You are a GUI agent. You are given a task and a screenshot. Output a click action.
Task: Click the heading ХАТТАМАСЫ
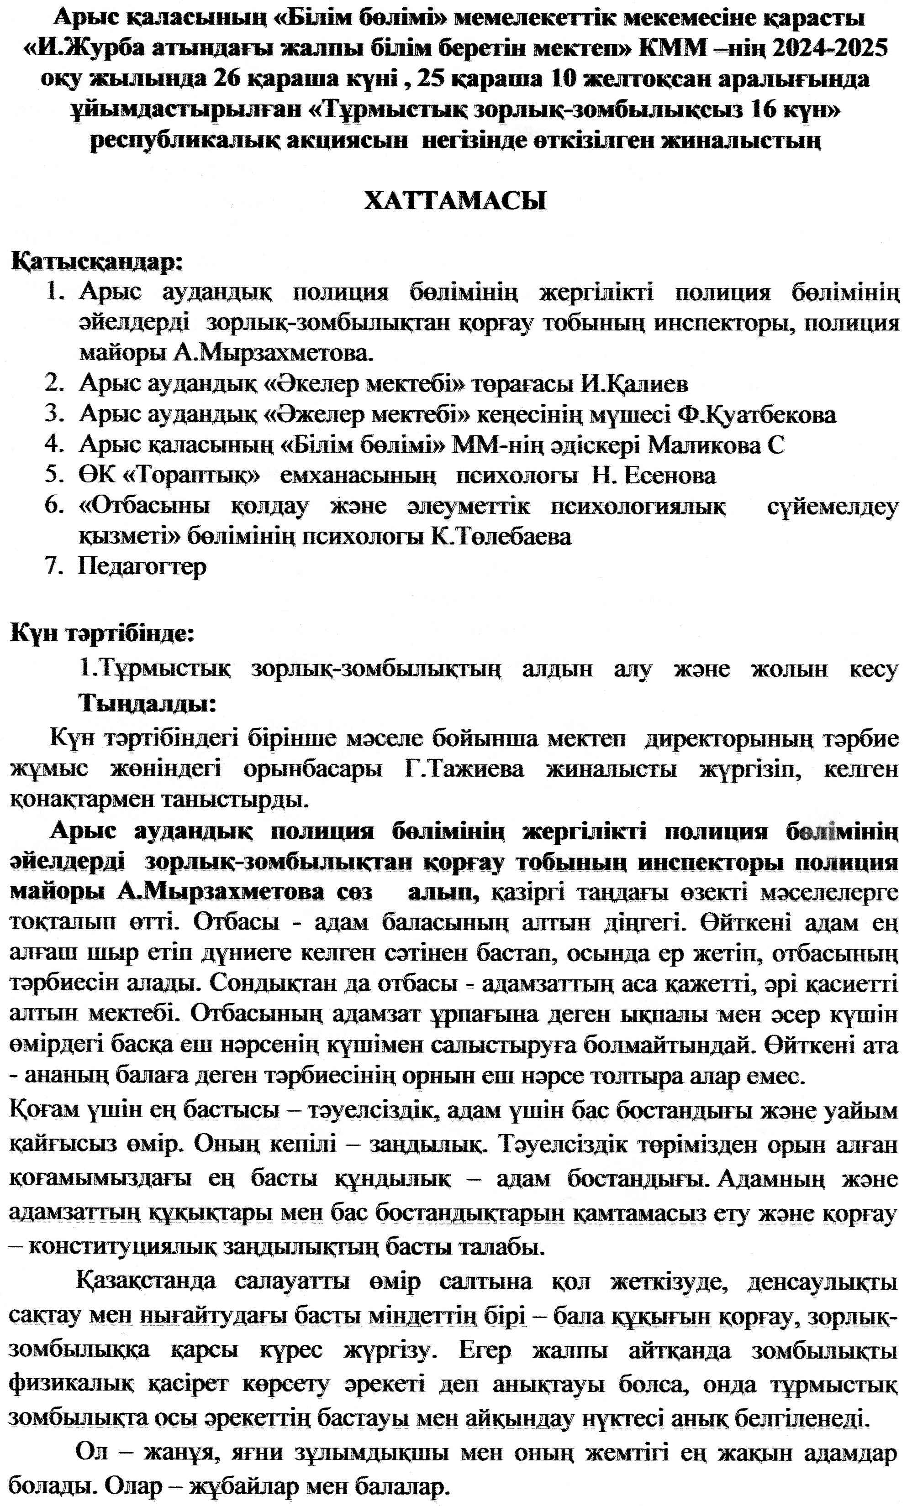[x=455, y=201]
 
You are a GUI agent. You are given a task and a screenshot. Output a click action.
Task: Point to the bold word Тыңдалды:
[x=148, y=704]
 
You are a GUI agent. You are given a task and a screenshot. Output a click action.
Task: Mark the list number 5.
[x=54, y=475]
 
